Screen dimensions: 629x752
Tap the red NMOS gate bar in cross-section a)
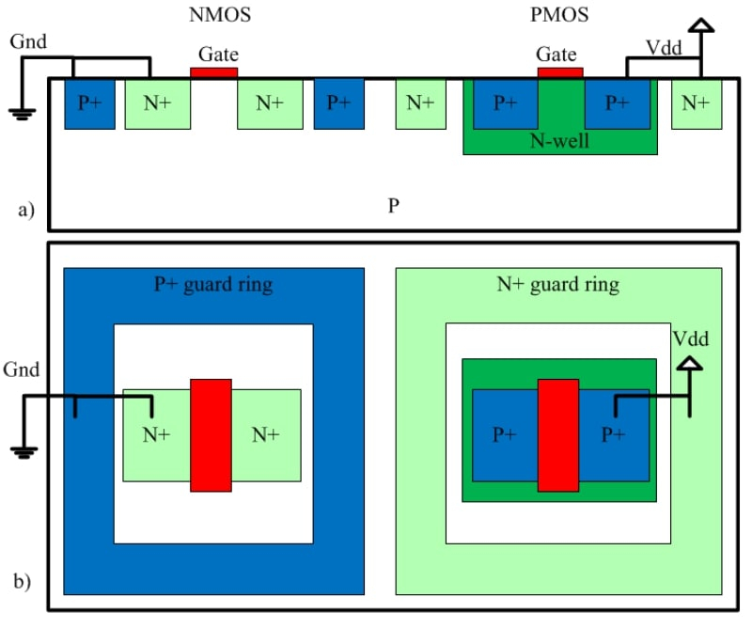pyautogui.click(x=213, y=71)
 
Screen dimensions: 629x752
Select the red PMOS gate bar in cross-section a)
pyautogui.click(x=559, y=71)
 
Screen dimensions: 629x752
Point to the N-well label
pyautogui.click(x=559, y=142)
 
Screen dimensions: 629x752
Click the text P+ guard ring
pyautogui.click(x=213, y=283)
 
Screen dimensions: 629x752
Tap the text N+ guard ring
pyautogui.click(x=558, y=283)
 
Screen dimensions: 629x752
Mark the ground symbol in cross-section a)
pyautogui.click(x=22, y=114)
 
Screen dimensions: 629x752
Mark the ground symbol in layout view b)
pyautogui.click(x=22, y=452)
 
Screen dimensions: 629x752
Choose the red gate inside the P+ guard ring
pyautogui.click(x=211, y=434)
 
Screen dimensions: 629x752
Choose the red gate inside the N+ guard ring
pyautogui.click(x=557, y=434)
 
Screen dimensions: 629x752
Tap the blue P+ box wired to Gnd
pyautogui.click(x=89, y=102)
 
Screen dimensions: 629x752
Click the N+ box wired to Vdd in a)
pyautogui.click(x=696, y=102)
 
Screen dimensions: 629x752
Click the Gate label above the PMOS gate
pyautogui.click(x=556, y=55)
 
